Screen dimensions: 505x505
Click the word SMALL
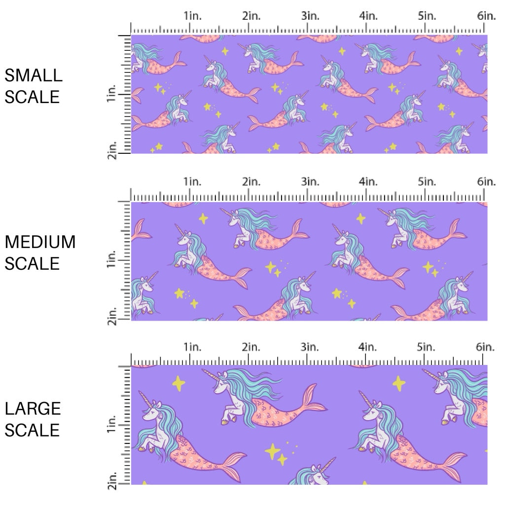pyautogui.click(x=34, y=75)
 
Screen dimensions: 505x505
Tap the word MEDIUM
pyautogui.click(x=40, y=242)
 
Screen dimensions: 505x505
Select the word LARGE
pyautogui.click(x=33, y=408)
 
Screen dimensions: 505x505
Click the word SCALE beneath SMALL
pyautogui.click(x=32, y=97)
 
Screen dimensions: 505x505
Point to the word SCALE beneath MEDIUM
pyautogui.click(x=32, y=264)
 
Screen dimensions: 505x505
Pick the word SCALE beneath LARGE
pyautogui.click(x=32, y=430)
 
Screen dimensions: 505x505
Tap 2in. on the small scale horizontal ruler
pyautogui.click(x=252, y=16)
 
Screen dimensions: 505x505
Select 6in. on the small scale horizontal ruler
pyautogui.click(x=486, y=16)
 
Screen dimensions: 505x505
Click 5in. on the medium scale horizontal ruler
pyautogui.click(x=427, y=182)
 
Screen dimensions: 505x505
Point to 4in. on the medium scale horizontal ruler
pyautogui.click(x=368, y=182)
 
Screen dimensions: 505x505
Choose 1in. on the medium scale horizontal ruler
pyautogui.click(x=193, y=182)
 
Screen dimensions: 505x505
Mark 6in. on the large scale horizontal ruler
pyautogui.click(x=486, y=347)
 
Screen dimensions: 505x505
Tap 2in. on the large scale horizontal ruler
pyautogui.click(x=252, y=347)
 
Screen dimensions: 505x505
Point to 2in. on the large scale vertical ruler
pyautogui.click(x=112, y=481)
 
